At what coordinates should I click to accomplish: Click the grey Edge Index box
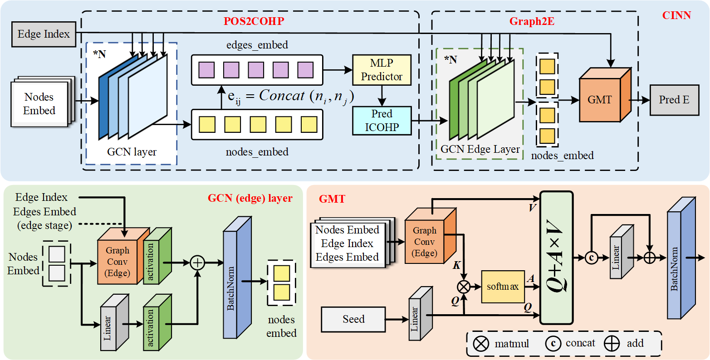[x=44, y=34]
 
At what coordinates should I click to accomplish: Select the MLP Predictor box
[x=382, y=70]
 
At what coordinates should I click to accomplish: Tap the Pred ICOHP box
[x=382, y=121]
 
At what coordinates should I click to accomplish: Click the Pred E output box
[x=674, y=100]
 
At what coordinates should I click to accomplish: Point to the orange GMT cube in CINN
[x=602, y=98]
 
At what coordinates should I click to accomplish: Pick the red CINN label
[x=677, y=15]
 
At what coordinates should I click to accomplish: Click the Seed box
[x=353, y=319]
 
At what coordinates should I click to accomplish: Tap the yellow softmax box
[x=503, y=287]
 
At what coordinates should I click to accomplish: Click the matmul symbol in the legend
[x=481, y=344]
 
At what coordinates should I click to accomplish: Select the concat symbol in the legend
[x=553, y=344]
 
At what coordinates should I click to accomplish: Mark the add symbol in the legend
[x=612, y=344]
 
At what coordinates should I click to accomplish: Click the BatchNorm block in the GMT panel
[x=681, y=265]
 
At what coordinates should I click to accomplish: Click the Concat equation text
[x=290, y=97]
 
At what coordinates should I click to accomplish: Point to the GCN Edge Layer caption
[x=480, y=150]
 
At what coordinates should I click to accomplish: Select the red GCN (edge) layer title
[x=250, y=198]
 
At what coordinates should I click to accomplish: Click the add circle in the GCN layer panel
[x=197, y=263]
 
